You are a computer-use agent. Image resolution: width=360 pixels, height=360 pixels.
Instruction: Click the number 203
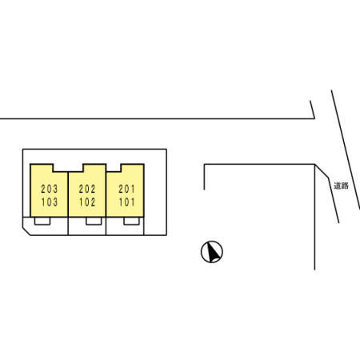pos(50,189)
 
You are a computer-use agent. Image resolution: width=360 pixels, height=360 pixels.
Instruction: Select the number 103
pos(50,202)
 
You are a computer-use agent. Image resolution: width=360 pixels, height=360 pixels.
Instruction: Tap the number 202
pos(87,189)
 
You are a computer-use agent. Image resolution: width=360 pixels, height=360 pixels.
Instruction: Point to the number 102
pos(87,202)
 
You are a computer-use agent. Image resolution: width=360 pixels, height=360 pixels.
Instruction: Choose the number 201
pos(126,189)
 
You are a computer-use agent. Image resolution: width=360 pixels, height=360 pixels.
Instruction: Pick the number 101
pos(127,202)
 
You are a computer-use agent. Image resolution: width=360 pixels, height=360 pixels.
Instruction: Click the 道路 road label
pos(342,186)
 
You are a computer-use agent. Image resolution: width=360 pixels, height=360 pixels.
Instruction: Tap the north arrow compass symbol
pos(212,252)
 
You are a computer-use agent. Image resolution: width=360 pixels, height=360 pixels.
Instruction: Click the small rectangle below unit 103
pos(42,221)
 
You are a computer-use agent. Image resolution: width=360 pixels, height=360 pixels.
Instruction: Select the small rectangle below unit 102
pos(94,221)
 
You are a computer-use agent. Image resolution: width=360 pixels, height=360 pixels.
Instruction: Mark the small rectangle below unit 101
pos(131,221)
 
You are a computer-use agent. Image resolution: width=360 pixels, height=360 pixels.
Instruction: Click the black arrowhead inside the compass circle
pos(214,252)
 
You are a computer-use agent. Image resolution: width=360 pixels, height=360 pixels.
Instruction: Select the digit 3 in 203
pos(55,189)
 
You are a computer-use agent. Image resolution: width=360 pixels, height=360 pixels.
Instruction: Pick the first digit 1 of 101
pos(121,202)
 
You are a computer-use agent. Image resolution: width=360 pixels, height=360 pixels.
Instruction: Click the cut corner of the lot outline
pos(26,231)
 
